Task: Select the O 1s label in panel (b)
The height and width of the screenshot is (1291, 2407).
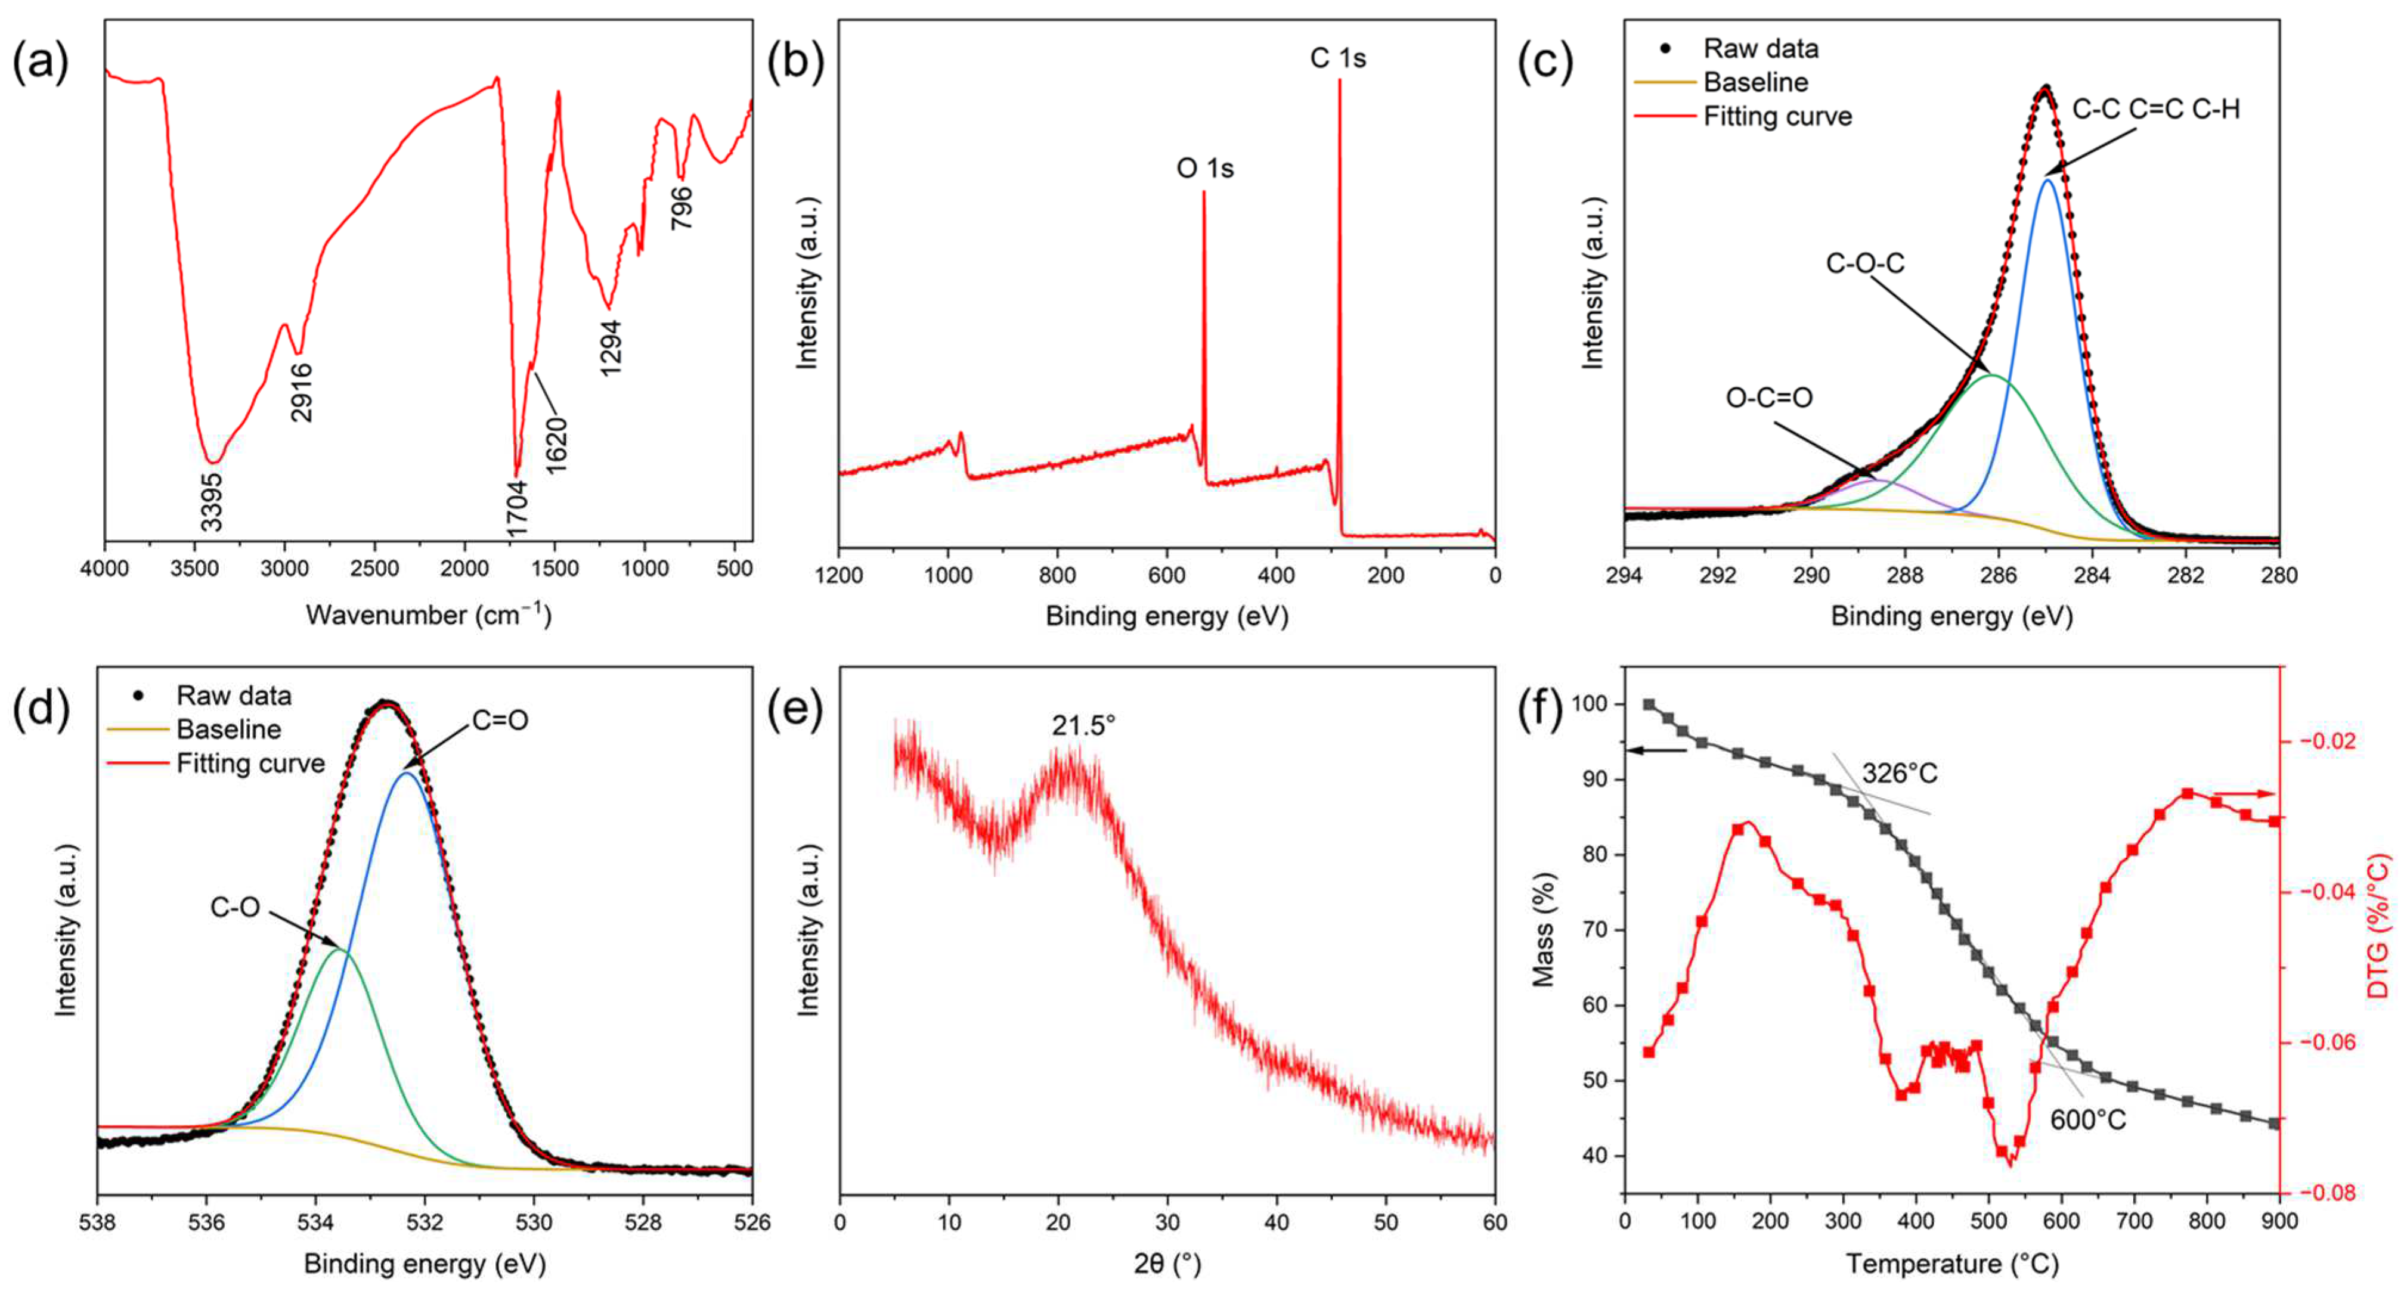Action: click(1204, 168)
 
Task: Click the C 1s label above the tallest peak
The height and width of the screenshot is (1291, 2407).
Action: click(1337, 58)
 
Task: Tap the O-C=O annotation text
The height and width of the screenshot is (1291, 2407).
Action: click(1769, 398)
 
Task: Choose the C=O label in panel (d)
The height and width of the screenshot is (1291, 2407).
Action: click(500, 720)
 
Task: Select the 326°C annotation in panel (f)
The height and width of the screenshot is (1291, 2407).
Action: click(1900, 774)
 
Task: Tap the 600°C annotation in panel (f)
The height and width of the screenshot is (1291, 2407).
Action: click(2087, 1119)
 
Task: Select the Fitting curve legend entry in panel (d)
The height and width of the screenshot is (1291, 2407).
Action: click(250, 763)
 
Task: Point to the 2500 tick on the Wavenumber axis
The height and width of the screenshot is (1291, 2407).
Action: click(374, 569)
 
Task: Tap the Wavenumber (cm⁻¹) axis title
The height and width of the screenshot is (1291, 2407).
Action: click(428, 615)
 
